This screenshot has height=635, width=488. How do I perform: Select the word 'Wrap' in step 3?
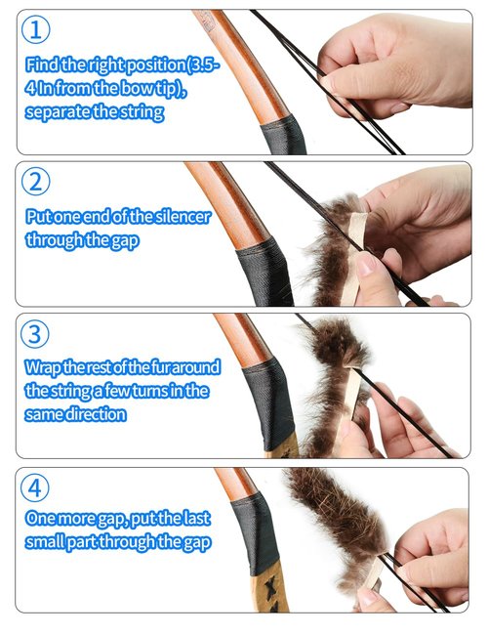click(x=46, y=368)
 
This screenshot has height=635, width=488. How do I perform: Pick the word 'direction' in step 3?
click(x=98, y=413)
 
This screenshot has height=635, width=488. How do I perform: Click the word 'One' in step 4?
click(x=42, y=521)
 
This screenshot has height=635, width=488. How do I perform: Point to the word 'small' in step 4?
click(x=48, y=543)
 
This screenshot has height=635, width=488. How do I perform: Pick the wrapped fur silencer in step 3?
click(x=332, y=381)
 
